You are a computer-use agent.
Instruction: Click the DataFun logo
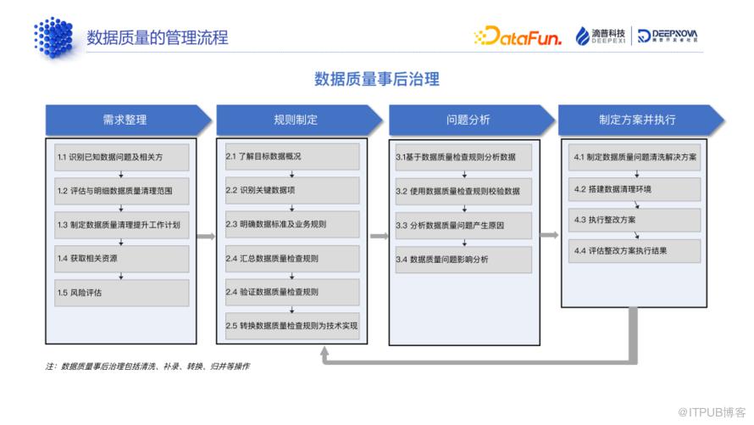click(x=518, y=36)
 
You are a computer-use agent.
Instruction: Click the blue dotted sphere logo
click(x=54, y=37)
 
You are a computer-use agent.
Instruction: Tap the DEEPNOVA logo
click(x=667, y=36)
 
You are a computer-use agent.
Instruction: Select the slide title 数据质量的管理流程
click(x=158, y=37)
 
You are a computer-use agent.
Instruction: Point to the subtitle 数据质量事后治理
click(x=376, y=79)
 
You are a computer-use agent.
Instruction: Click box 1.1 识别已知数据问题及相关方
click(x=122, y=158)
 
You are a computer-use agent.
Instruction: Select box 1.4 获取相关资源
click(x=122, y=259)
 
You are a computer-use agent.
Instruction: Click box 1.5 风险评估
click(x=122, y=293)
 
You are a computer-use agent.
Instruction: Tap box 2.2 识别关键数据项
click(x=292, y=190)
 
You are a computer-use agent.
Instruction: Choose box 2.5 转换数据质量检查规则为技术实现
click(x=292, y=326)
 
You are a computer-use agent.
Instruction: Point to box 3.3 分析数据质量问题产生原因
click(x=463, y=226)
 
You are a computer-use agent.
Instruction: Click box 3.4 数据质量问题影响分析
click(x=463, y=260)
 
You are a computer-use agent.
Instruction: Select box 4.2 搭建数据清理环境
click(x=635, y=189)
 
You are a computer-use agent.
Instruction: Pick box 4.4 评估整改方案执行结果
click(x=635, y=251)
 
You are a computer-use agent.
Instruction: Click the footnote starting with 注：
click(x=147, y=366)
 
